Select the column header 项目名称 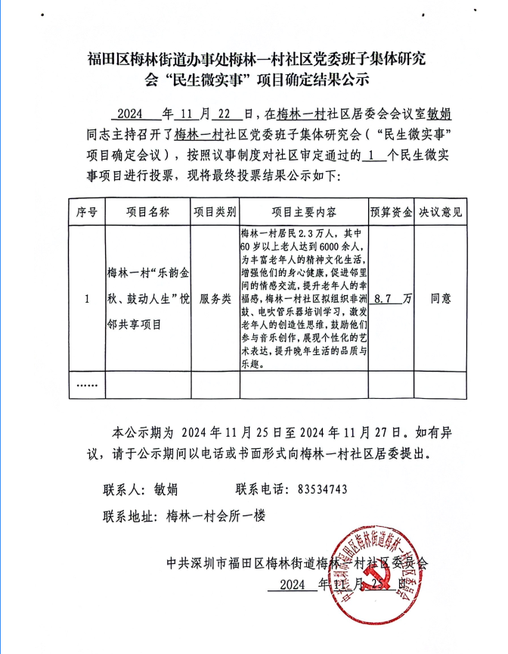tap(147, 212)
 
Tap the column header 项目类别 tap(215, 212)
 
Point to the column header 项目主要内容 tap(303, 212)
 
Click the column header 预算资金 tap(390, 212)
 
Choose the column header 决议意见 tap(441, 212)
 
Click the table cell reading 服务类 tap(215, 299)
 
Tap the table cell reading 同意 tap(441, 299)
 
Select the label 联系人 tap(125, 489)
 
